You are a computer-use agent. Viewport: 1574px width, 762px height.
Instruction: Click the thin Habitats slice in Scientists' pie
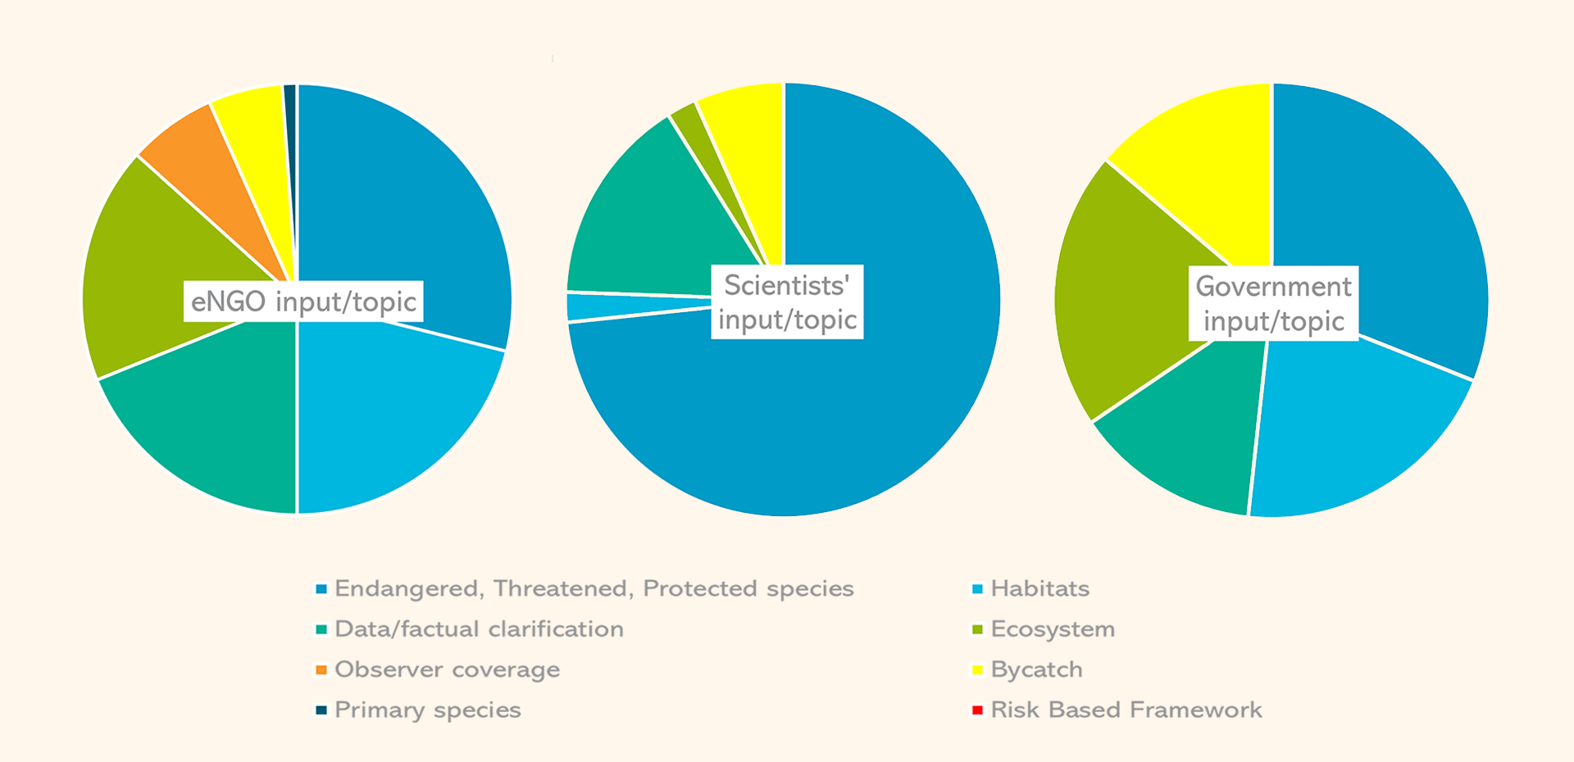pyautogui.click(x=623, y=306)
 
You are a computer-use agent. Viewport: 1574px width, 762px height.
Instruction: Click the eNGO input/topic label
pyautogui.click(x=303, y=302)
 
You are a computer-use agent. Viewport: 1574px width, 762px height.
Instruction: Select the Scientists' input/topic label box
pyautogui.click(x=787, y=302)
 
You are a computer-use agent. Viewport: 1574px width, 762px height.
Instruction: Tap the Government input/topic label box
pyautogui.click(x=1273, y=303)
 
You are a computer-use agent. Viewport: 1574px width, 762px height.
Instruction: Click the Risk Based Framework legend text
pyautogui.click(x=1126, y=710)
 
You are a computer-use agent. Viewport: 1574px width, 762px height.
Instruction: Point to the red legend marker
pyautogui.click(x=977, y=710)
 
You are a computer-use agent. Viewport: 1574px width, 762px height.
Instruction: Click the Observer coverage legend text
pyautogui.click(x=447, y=669)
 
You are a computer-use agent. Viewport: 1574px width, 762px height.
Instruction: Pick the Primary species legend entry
pyautogui.click(x=427, y=710)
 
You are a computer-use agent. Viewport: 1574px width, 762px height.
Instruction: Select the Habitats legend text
pyautogui.click(x=1039, y=588)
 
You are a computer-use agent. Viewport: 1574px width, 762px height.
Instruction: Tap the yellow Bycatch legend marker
pyautogui.click(x=977, y=669)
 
